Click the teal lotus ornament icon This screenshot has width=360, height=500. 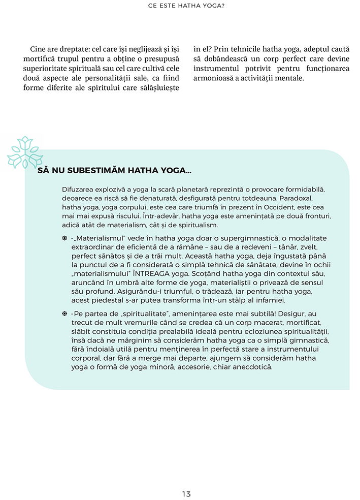[x=24, y=152]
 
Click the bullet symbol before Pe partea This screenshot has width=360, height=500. [x=64, y=314]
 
